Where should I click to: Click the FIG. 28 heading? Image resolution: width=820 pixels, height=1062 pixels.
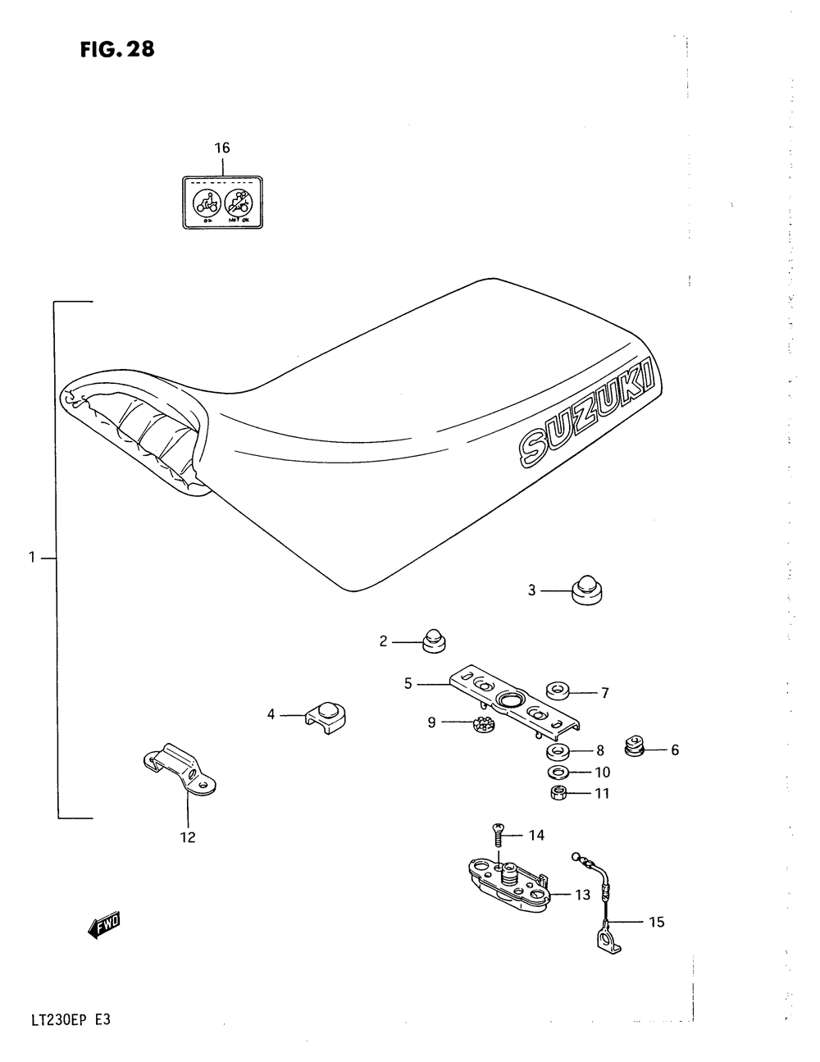(x=117, y=50)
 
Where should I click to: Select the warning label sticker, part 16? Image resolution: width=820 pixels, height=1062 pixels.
(x=223, y=203)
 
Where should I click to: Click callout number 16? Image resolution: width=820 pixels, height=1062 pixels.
(x=222, y=148)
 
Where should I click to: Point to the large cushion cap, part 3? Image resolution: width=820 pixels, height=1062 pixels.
(x=586, y=591)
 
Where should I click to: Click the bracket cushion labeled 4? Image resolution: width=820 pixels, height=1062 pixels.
(x=326, y=715)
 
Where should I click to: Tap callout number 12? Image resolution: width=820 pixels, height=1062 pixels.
(x=188, y=837)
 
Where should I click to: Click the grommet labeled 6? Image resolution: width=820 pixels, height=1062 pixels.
(x=635, y=746)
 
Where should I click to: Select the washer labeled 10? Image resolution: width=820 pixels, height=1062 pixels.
(x=558, y=773)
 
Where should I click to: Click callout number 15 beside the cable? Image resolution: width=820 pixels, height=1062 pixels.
(x=656, y=923)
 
